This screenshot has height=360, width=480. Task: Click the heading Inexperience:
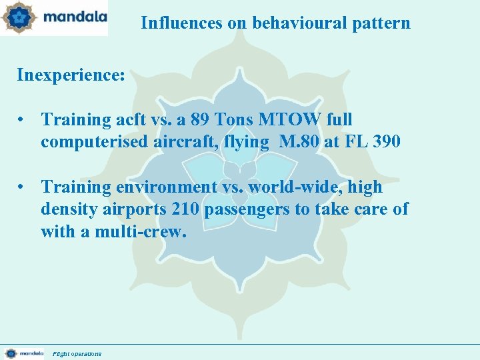click(x=71, y=74)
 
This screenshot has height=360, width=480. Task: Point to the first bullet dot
click(x=23, y=120)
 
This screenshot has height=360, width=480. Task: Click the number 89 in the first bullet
click(x=189, y=119)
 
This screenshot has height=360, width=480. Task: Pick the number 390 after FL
click(x=387, y=142)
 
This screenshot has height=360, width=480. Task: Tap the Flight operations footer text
click(x=77, y=354)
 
